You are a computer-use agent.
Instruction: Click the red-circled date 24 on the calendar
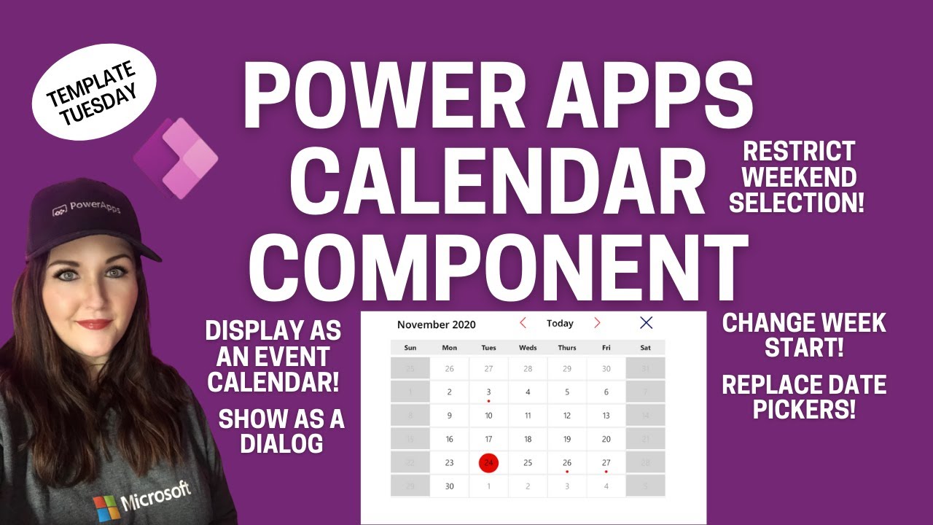point(488,462)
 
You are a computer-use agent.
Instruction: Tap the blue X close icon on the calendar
point(646,323)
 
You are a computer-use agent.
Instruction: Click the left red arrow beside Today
point(523,323)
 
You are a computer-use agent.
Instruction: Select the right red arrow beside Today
point(597,323)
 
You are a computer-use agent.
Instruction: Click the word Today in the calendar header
point(560,323)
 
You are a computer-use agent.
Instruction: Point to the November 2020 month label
point(437,324)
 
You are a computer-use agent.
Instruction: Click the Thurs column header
point(567,348)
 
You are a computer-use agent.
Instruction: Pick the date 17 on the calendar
point(488,439)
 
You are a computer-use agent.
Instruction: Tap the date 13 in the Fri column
point(606,416)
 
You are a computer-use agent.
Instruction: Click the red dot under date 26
point(567,472)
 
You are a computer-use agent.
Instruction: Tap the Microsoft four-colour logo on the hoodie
point(106,506)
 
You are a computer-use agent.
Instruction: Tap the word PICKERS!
point(804,409)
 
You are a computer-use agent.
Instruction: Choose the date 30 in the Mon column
point(449,486)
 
